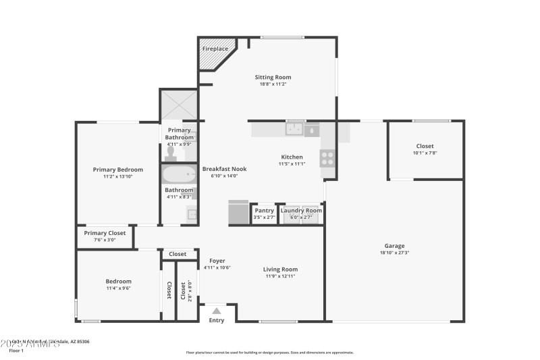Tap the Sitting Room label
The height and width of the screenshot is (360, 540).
(273, 77)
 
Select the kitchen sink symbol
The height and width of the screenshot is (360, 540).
(294, 128)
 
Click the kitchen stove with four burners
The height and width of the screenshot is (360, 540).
(327, 158)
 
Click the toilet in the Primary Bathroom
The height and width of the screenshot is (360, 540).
(170, 153)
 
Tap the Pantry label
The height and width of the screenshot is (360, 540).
(264, 210)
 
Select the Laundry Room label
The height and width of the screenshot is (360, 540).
(301, 210)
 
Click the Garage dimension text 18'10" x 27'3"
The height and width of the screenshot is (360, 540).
(394, 253)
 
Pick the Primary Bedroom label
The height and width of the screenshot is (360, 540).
(117, 170)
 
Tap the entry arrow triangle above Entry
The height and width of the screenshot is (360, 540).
(216, 311)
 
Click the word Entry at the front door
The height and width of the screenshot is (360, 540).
(216, 320)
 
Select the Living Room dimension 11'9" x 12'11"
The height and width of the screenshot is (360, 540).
(280, 276)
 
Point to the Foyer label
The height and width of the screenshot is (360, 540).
(217, 261)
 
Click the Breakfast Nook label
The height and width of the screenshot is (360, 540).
(224, 169)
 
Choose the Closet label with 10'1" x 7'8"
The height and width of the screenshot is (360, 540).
(425, 146)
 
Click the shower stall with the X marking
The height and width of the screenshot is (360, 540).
(179, 105)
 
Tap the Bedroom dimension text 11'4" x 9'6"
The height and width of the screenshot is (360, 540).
(118, 288)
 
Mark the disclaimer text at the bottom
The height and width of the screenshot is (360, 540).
(269, 352)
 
